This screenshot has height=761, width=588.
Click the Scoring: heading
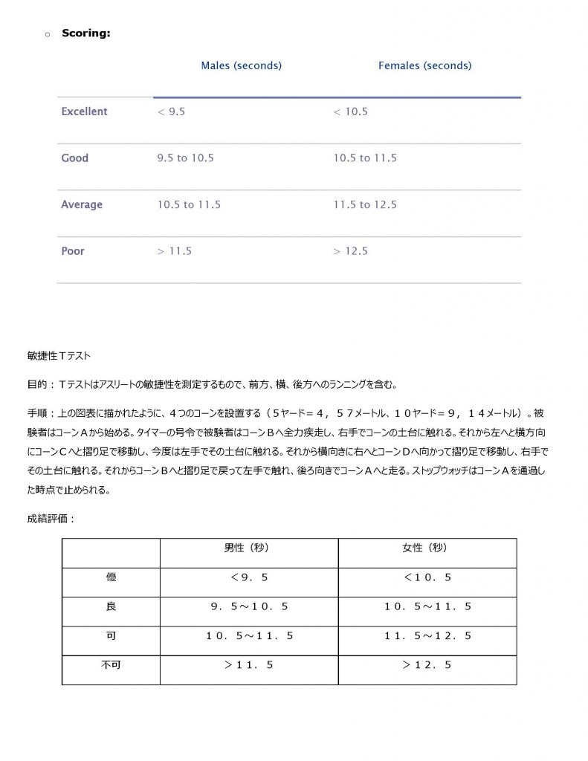[86, 33]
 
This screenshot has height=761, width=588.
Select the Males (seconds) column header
[241, 65]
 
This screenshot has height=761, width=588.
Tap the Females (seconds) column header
[424, 65]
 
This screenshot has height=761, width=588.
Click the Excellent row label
[84, 111]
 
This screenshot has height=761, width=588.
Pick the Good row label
[74, 158]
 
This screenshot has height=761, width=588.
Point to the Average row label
[82, 204]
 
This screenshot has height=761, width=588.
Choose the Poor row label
[73, 251]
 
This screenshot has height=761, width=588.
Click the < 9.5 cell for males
[171, 111]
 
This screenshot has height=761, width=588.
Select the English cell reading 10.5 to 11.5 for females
[364, 158]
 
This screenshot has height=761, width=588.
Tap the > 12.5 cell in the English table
[350, 251]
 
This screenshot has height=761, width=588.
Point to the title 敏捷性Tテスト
[59, 357]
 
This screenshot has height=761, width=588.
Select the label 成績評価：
[51, 519]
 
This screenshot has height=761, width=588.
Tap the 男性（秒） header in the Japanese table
[248, 548]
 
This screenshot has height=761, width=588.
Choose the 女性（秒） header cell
[426, 548]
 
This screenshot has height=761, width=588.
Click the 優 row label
[111, 577]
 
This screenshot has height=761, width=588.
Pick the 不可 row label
[111, 664]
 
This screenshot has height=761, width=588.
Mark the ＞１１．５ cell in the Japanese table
[248, 665]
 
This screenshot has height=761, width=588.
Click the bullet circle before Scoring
[47, 34]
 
